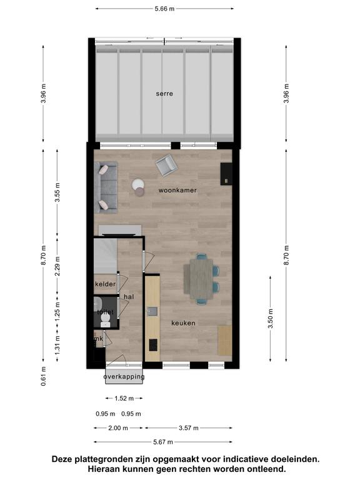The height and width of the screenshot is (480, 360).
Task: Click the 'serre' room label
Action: (x=164, y=94)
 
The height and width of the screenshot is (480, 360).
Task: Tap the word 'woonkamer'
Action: (x=177, y=191)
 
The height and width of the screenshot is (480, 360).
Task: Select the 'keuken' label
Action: (x=183, y=323)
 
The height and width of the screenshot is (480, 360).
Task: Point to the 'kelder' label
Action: (x=105, y=284)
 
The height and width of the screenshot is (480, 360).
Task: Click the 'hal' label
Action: (x=129, y=297)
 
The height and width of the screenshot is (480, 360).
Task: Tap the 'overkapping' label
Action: (x=124, y=377)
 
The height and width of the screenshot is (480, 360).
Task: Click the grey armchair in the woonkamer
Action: (x=166, y=165)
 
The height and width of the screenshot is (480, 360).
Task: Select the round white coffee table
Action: (x=138, y=184)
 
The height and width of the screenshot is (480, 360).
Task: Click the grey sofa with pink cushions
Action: (x=106, y=187)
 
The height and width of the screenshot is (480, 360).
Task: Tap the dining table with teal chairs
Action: (x=201, y=279)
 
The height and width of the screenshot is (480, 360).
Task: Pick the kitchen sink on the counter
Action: (x=152, y=311)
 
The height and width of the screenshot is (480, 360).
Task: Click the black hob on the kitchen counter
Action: (x=153, y=345)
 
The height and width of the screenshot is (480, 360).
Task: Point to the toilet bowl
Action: (x=105, y=320)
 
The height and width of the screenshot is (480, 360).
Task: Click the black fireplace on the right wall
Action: (x=226, y=174)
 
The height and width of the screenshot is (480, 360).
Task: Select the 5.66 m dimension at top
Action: (x=164, y=9)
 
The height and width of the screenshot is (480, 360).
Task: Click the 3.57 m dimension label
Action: (x=189, y=428)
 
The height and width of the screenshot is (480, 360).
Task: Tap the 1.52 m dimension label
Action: (x=124, y=399)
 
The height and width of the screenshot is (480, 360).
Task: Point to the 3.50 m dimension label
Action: (x=271, y=318)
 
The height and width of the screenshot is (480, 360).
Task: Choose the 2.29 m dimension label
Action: (x=57, y=266)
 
